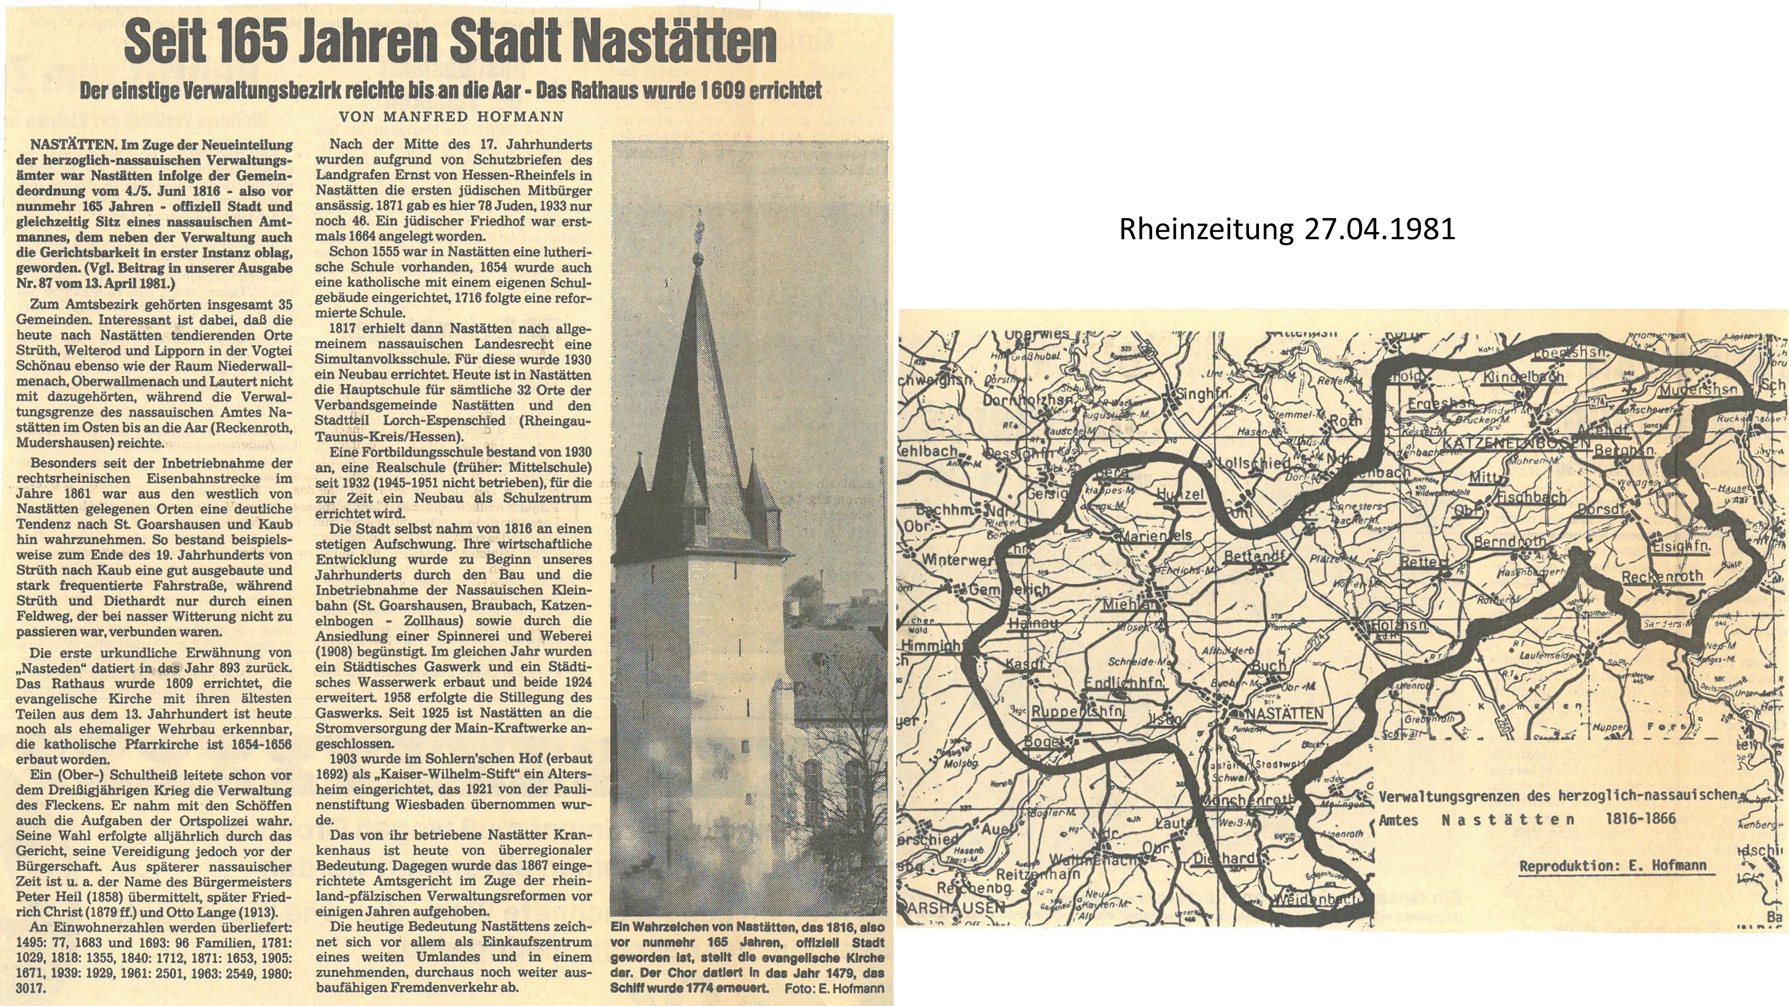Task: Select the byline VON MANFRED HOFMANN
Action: coord(451,117)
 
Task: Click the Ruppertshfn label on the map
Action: coord(1078,712)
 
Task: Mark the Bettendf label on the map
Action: coord(1255,556)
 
